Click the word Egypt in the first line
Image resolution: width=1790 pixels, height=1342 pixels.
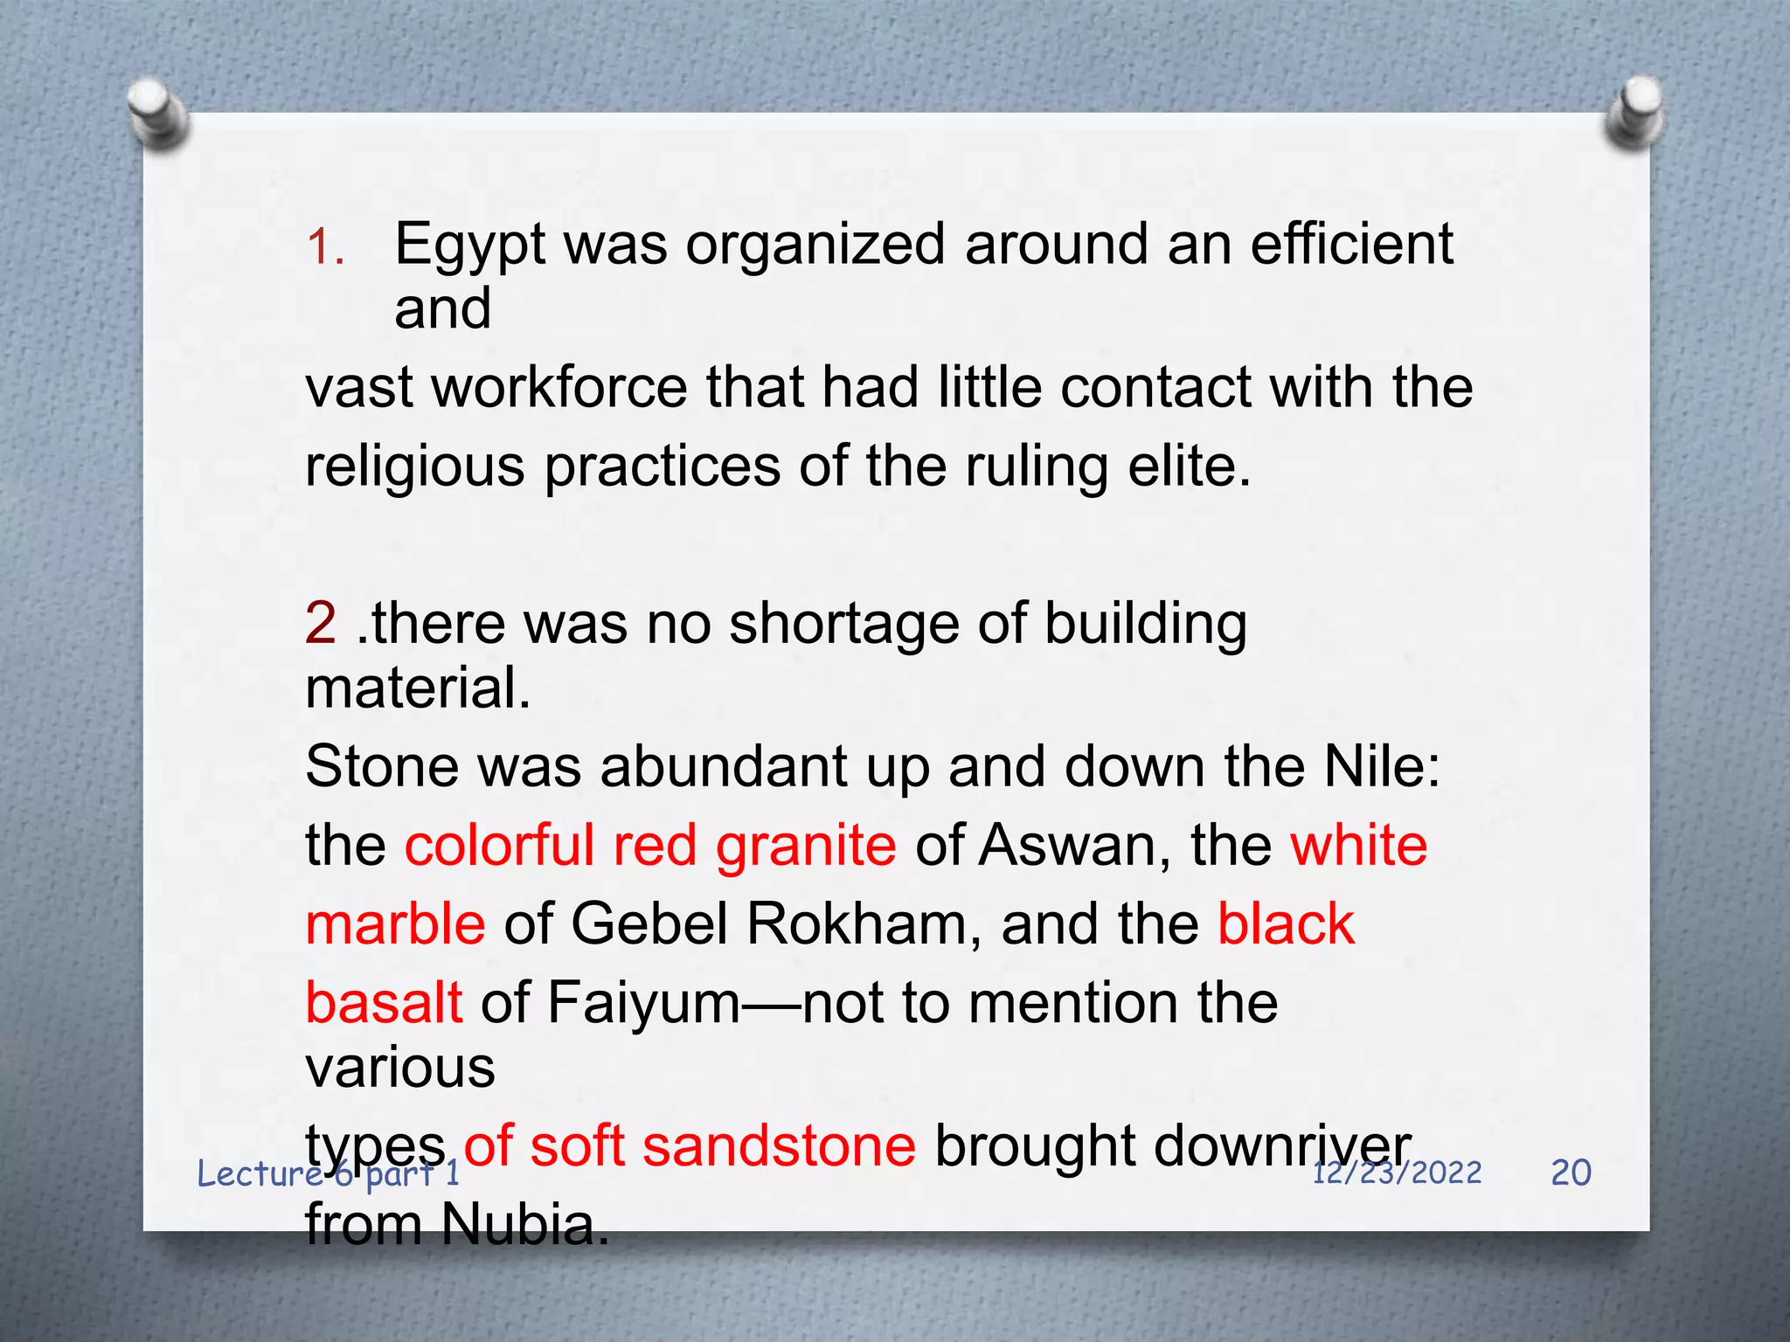coord(469,246)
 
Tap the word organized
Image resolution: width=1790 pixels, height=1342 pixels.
coord(815,246)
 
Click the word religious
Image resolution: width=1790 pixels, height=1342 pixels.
coord(415,467)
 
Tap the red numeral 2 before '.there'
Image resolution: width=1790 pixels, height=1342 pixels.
coord(321,624)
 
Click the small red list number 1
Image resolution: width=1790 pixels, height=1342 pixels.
coord(325,248)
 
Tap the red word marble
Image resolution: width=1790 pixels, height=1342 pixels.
coord(395,924)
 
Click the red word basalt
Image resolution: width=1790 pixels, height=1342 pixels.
coord(384,1003)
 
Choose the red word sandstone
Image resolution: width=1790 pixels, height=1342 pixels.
coord(780,1146)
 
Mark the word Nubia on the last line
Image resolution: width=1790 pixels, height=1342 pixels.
coord(524,1225)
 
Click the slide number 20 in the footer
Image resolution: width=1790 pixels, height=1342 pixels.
coord(1571,1173)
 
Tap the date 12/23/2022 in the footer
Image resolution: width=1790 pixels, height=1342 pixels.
coord(1397,1173)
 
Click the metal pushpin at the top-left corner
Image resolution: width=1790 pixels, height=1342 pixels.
coord(157,111)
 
